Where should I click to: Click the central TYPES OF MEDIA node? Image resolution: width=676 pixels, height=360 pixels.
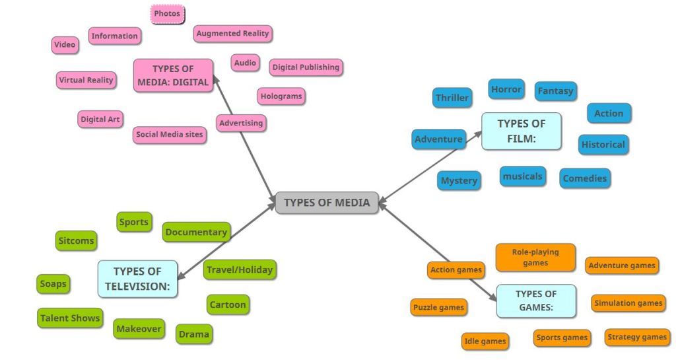pyautogui.click(x=327, y=202)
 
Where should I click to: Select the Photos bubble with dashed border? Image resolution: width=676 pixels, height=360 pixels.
pyautogui.click(x=167, y=13)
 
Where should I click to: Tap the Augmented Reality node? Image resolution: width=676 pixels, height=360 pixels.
pyautogui.click(x=233, y=33)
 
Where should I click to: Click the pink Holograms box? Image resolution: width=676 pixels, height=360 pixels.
pyautogui.click(x=281, y=96)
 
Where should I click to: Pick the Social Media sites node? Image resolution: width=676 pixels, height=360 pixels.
pyautogui.click(x=170, y=135)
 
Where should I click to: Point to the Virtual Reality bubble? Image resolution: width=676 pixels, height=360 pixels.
pyautogui.click(x=86, y=80)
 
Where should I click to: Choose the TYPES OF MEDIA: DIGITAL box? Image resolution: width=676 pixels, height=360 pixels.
pyautogui.click(x=173, y=75)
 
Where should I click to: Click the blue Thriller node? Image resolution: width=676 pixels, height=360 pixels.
pyautogui.click(x=452, y=98)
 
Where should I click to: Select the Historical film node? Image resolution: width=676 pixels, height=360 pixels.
pyautogui.click(x=603, y=145)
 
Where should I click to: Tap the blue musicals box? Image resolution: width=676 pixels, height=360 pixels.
pyautogui.click(x=522, y=176)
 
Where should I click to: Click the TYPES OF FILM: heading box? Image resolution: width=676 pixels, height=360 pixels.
pyautogui.click(x=521, y=131)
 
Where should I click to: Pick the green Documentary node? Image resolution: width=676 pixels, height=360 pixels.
pyautogui.click(x=196, y=232)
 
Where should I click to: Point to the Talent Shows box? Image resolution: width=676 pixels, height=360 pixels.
pyautogui.click(x=70, y=318)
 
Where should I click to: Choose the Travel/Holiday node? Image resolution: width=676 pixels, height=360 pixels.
pyautogui.click(x=239, y=270)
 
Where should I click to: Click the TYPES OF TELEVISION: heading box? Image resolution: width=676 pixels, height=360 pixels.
pyautogui.click(x=137, y=279)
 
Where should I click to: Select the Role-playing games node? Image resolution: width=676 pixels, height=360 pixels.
pyautogui.click(x=535, y=257)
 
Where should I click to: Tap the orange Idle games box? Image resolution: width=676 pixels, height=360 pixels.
pyautogui.click(x=485, y=341)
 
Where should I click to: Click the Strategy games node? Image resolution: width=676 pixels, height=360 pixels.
pyautogui.click(x=636, y=337)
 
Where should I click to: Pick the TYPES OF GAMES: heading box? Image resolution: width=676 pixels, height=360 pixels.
pyautogui.click(x=535, y=301)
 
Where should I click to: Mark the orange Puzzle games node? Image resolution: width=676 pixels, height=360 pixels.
pyautogui.click(x=439, y=307)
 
